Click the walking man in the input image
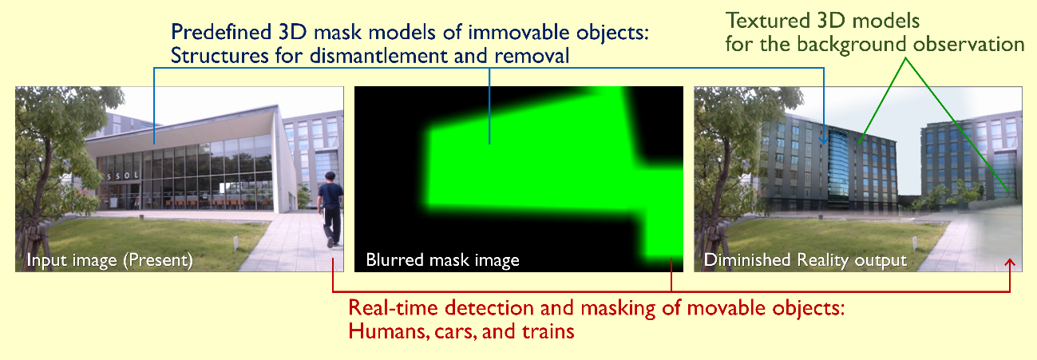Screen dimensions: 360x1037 tap(330, 209)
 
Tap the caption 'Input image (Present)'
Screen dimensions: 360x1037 tap(109, 260)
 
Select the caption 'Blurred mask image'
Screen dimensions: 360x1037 tap(442, 260)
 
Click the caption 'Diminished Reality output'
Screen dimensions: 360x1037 tap(804, 260)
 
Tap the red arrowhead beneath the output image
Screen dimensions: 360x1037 tap(1011, 263)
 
